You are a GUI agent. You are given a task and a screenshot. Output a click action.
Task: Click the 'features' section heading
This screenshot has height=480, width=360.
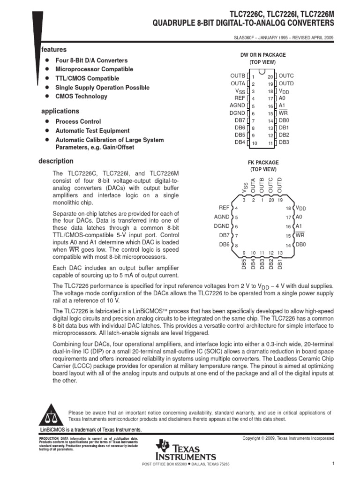tap(54, 49)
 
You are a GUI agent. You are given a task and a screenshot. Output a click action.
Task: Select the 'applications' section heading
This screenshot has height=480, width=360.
tap(60, 111)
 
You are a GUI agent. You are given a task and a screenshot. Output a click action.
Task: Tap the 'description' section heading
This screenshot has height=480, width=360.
tap(56, 161)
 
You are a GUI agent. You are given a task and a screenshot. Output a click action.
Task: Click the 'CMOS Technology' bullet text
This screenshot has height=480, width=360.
tap(81, 97)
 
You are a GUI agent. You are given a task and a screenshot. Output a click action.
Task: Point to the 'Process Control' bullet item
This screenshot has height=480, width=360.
tap(78, 121)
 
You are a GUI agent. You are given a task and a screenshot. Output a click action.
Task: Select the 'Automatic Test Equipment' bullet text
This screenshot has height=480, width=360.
tap(92, 131)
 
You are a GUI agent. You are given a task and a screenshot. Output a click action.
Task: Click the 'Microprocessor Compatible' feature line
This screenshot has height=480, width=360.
tap(94, 69)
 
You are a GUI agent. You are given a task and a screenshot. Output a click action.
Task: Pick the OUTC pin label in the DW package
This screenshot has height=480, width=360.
tap(286, 76)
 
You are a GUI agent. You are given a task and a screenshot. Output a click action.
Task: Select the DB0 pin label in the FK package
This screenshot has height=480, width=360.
tap(300, 245)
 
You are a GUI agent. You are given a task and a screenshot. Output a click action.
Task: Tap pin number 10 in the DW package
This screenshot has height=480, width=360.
tap(254, 143)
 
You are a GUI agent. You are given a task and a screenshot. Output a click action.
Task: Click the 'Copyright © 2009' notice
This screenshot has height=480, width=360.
tap(288, 438)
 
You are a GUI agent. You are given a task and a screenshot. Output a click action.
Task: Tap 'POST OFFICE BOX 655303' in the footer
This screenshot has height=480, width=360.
tap(161, 464)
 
